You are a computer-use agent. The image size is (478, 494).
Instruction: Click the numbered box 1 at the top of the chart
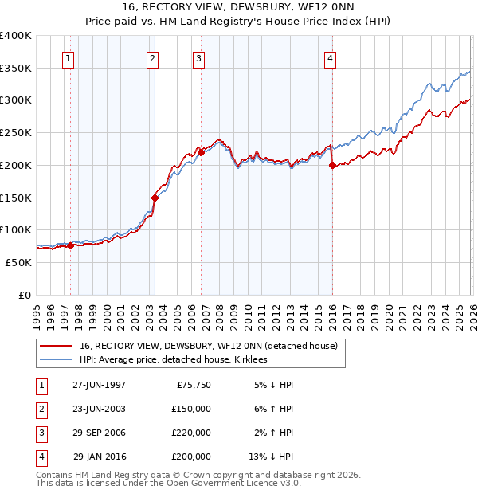coord(69,57)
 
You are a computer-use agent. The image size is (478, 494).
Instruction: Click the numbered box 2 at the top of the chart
coord(151,57)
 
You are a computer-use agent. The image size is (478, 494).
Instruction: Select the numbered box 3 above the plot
coord(198,57)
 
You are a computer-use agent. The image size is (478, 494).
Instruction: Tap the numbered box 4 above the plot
coord(330,57)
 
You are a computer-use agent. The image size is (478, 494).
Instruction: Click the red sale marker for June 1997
coord(70,245)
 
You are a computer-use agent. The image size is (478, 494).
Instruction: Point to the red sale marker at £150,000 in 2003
coord(155,198)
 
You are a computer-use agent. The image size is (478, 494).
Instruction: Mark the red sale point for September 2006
coord(201,152)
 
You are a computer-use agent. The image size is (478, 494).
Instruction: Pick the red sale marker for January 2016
coord(332,165)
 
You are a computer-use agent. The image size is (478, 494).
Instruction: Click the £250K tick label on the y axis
coord(16,132)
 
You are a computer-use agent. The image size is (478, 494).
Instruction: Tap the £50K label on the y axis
coord(19,262)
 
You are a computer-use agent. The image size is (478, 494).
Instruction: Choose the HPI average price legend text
coord(173,360)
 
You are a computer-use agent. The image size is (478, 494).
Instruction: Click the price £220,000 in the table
coord(191,433)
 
